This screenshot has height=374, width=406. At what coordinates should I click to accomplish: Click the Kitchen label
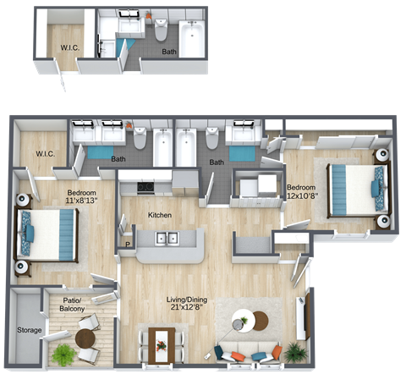161,216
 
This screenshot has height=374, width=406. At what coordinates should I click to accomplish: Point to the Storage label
28,330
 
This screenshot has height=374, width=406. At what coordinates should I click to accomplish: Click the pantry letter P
128,245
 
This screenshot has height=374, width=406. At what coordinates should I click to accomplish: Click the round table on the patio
85,338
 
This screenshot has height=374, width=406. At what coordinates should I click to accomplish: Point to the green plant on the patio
63,354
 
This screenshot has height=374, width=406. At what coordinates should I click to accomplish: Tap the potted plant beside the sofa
294,350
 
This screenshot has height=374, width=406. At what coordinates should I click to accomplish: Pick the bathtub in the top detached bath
193,35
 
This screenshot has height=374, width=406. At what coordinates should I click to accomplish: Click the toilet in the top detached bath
162,30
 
